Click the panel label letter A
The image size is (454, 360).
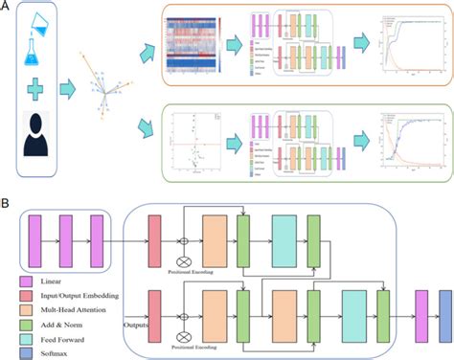coord(8,8)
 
